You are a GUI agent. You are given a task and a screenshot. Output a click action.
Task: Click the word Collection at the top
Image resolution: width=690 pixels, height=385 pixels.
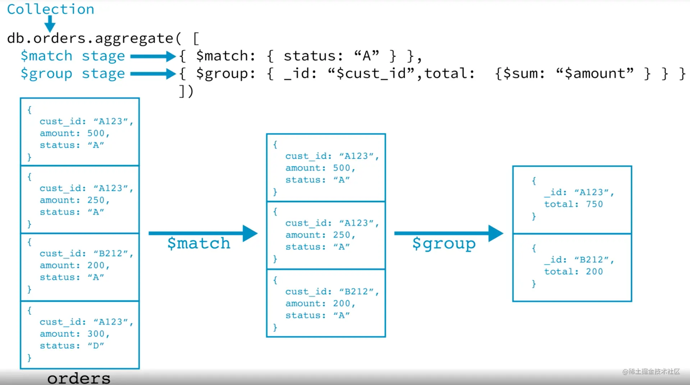point(50,9)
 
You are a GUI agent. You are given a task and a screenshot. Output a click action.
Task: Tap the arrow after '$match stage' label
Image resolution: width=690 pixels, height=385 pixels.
point(153,56)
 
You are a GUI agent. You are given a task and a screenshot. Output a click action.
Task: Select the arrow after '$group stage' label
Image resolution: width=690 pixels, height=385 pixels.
point(153,74)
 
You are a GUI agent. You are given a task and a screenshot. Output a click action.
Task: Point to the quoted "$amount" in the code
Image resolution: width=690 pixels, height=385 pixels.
point(594,73)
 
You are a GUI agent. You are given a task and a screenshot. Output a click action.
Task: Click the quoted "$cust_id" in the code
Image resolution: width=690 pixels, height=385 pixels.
point(372,74)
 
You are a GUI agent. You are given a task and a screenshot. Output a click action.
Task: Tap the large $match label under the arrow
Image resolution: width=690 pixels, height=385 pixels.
point(199,243)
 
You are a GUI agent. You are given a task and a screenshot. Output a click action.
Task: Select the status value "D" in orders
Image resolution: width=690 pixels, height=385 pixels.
point(96,346)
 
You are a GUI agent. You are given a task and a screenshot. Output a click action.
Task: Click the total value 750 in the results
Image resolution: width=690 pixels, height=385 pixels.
point(594,204)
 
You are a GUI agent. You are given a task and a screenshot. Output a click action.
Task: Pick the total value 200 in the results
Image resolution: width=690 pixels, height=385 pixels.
point(594,272)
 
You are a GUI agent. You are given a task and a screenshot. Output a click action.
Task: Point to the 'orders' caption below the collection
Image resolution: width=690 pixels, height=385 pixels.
point(79,378)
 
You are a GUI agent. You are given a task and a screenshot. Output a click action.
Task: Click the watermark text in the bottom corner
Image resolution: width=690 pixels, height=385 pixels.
point(651,372)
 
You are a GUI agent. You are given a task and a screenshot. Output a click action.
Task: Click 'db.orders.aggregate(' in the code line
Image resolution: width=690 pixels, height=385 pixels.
point(95,38)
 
